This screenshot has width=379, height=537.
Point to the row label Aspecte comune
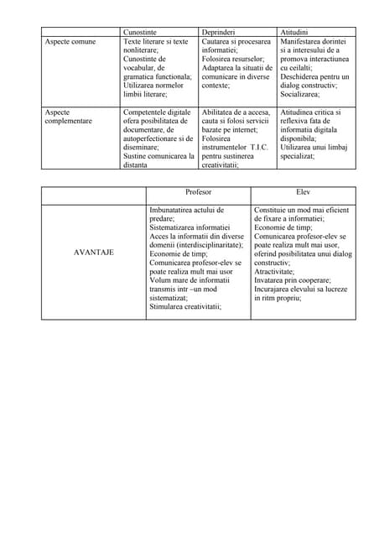pos(70,41)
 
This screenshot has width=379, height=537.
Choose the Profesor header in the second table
pos(198,191)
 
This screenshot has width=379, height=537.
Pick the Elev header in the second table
pos(303,191)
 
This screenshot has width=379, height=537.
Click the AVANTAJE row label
pos(94,252)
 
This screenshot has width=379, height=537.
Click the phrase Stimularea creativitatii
pos(184,306)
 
